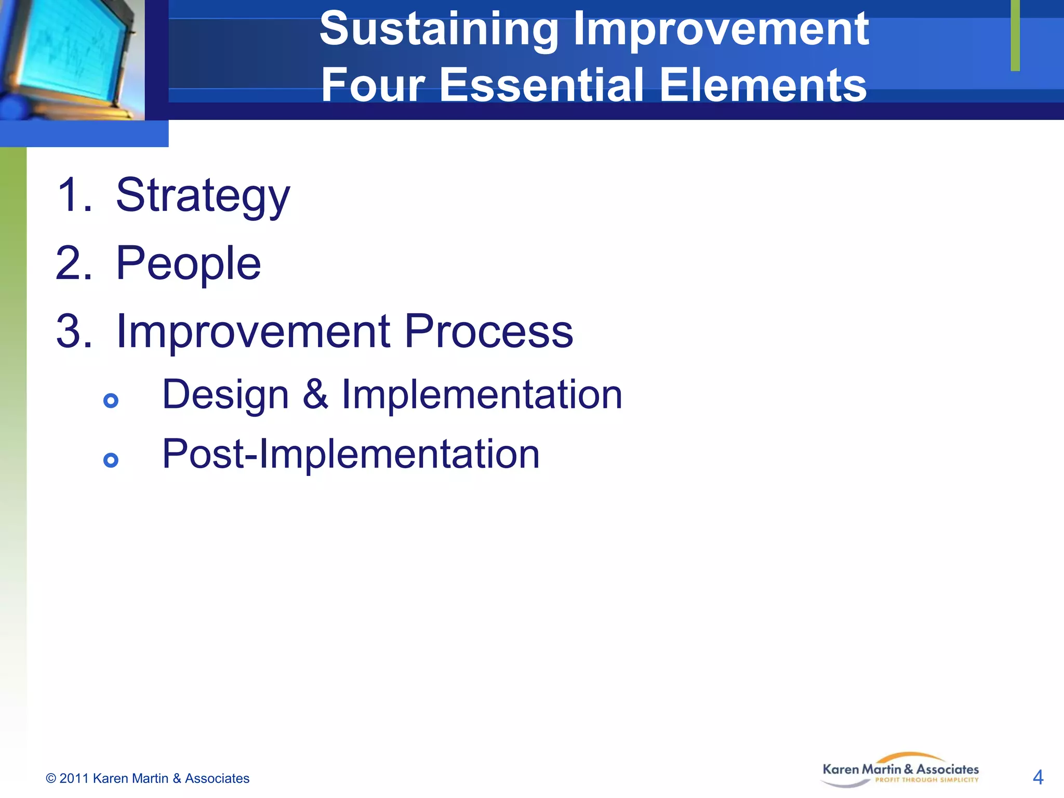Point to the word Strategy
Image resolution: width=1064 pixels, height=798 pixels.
point(203,196)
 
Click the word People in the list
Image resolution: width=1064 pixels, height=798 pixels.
point(188,263)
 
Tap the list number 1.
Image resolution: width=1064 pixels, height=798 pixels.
point(74,195)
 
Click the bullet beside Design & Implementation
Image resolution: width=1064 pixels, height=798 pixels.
point(111,401)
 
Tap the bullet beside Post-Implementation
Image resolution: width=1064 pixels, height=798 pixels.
point(111,460)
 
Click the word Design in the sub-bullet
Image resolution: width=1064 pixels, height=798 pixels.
point(225,395)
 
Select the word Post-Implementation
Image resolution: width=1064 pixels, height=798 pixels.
point(351,454)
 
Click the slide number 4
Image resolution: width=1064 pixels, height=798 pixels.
point(1038,777)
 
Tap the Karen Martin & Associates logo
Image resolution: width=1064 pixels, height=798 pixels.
point(900,770)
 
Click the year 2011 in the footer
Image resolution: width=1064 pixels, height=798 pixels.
point(74,778)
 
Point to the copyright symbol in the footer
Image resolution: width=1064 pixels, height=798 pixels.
point(51,778)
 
